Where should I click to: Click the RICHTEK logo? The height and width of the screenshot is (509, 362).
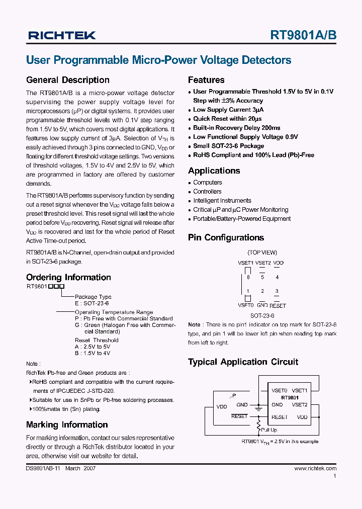tap(62, 35)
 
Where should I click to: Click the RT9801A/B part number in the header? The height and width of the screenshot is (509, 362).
tap(303, 35)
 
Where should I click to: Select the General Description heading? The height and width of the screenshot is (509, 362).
tap(67, 80)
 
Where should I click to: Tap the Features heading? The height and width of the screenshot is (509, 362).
tap(206, 80)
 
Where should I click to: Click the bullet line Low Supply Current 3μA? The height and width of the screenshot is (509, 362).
tap(228, 110)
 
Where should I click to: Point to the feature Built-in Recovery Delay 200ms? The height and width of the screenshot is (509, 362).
tap(236, 128)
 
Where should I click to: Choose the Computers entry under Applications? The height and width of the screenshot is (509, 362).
tap(207, 183)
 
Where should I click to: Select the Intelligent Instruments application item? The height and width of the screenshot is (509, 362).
tap(222, 201)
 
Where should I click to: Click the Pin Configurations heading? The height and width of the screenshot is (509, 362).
tap(226, 237)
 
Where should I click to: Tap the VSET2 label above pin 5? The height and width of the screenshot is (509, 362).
tap(262, 263)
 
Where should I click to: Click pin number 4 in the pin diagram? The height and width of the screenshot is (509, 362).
tap(277, 277)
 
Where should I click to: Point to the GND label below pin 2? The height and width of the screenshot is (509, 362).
tap(262, 305)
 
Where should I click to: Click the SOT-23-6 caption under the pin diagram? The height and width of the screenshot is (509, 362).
tap(262, 316)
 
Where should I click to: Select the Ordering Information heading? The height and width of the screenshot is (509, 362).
tap(68, 277)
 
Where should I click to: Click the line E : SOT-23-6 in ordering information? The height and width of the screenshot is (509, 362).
tap(92, 304)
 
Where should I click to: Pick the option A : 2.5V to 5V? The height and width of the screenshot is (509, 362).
tap(92, 347)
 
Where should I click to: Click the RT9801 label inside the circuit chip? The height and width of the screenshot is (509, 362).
tap(290, 397)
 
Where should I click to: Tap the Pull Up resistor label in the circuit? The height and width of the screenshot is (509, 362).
tap(269, 430)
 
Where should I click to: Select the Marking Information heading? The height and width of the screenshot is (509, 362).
tap(67, 425)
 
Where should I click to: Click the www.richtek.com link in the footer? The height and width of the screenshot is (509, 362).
tap(315, 468)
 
